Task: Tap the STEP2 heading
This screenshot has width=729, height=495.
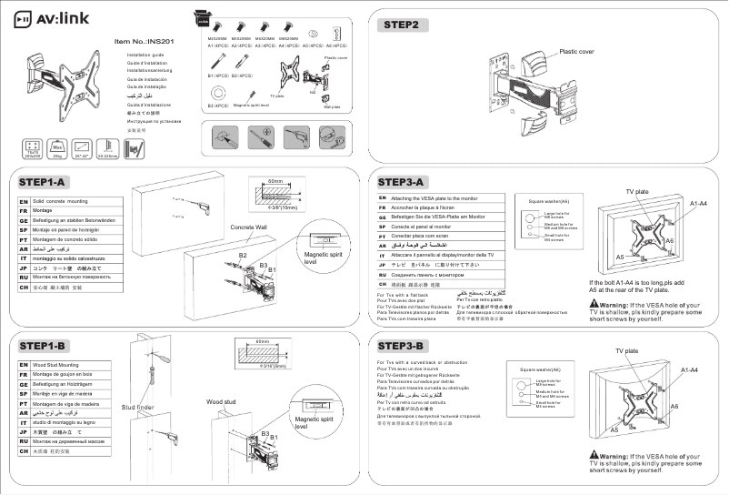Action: point(401,25)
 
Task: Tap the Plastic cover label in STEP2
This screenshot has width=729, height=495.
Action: point(576,52)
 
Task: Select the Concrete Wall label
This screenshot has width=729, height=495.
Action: point(248,227)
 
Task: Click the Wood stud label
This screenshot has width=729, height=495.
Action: point(221,400)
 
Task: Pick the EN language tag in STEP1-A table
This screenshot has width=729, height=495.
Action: point(23,198)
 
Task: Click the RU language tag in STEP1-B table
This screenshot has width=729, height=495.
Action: point(23,440)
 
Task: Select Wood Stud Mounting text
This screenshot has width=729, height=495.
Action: point(57,364)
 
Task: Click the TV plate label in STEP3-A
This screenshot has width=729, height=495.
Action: point(636,192)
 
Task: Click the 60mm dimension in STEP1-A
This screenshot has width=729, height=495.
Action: point(275,182)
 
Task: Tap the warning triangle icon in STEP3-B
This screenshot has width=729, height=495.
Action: point(594,455)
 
